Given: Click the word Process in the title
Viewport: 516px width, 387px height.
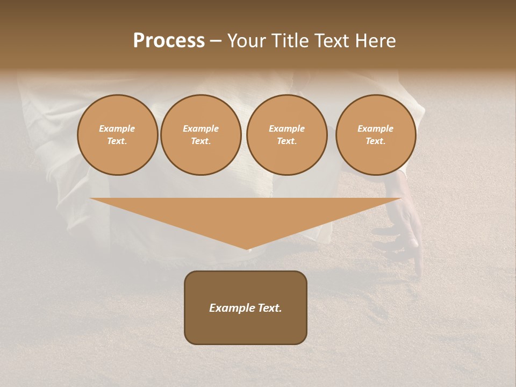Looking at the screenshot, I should click(x=169, y=41).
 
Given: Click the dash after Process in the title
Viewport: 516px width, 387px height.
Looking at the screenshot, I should click(x=216, y=41).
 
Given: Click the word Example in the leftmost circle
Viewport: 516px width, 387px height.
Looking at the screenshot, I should click(x=117, y=128).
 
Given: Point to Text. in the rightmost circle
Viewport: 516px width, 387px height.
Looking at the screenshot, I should click(x=376, y=141).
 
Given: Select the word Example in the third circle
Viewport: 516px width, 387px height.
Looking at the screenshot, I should click(x=287, y=128).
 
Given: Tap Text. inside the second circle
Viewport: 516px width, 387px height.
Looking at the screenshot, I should click(x=201, y=141).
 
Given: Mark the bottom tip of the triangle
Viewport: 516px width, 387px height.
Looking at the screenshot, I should click(x=247, y=248).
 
